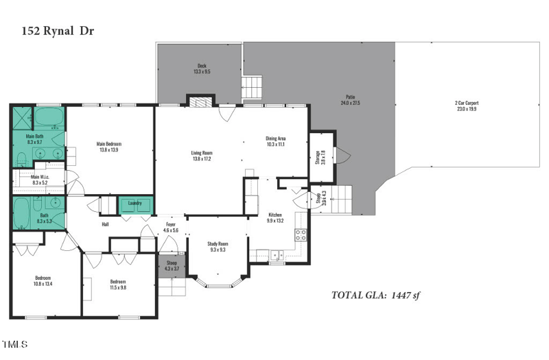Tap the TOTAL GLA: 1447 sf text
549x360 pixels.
[x=380, y=296]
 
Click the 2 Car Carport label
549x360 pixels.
[x=466, y=106]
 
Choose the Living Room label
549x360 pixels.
[x=201, y=156]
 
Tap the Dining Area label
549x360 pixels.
[x=275, y=141]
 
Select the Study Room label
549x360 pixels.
[x=218, y=246]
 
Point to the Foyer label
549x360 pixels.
[x=170, y=227]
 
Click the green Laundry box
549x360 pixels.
[x=135, y=204]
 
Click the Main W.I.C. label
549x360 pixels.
[x=39, y=180]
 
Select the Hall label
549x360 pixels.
[x=105, y=224]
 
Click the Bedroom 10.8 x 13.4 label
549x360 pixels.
[x=43, y=280]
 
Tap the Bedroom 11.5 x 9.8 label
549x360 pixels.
[x=118, y=284]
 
